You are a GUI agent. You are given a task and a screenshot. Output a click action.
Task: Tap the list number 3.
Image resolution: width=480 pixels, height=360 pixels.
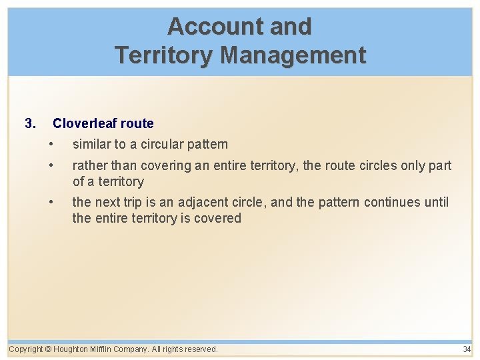coord(29,123)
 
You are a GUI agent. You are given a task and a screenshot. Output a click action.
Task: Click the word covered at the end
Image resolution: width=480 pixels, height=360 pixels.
coord(219,218)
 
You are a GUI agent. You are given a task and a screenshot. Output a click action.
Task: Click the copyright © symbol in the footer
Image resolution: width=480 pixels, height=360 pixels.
coord(49,349)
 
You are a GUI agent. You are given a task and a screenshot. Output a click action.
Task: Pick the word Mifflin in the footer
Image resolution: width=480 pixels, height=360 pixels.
coord(105,349)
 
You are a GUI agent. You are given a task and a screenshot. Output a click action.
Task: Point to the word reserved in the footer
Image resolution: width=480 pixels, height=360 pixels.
coord(200,349)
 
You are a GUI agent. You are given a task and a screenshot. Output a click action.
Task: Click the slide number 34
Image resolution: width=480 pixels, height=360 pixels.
coord(467,349)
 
